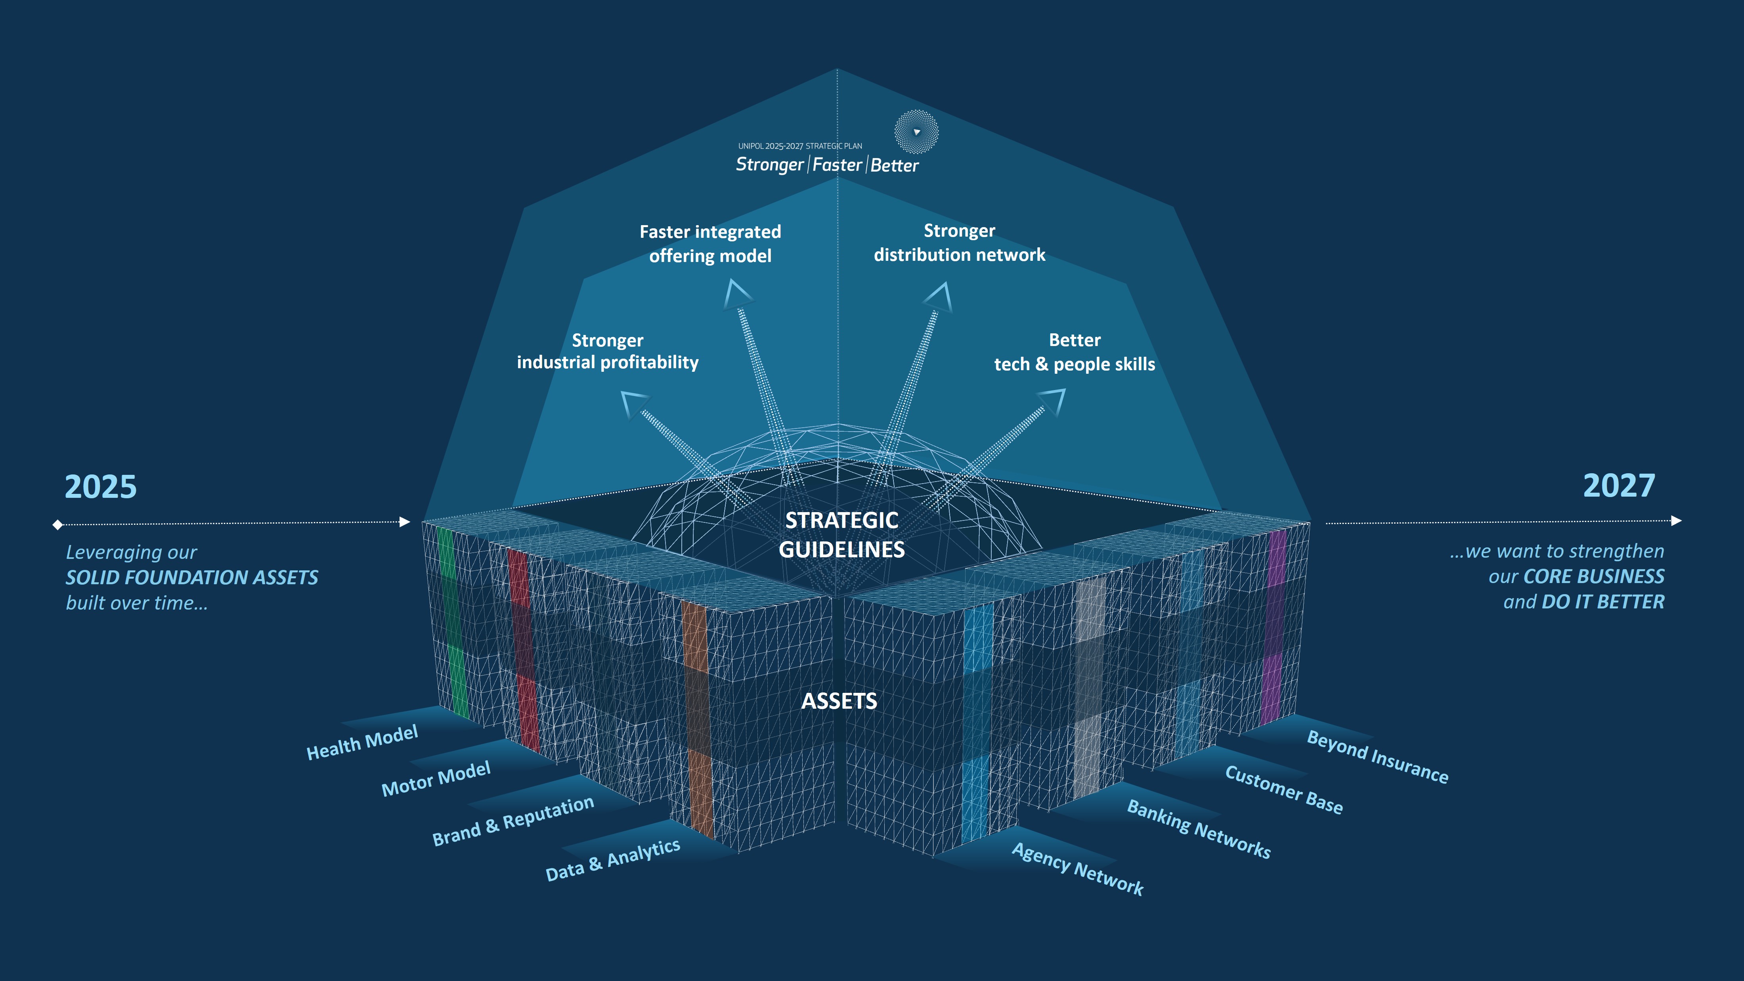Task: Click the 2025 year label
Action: click(100, 487)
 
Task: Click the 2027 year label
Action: click(1619, 486)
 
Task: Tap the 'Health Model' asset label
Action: click(362, 742)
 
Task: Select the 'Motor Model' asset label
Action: click(436, 778)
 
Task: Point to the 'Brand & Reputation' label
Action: click(513, 820)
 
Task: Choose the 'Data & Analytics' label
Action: click(613, 860)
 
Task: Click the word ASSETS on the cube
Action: click(839, 701)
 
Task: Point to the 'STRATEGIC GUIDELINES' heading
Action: click(841, 534)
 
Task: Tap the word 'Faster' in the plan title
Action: click(838, 164)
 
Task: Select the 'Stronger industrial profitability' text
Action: click(607, 351)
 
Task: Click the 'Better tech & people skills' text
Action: click(1075, 352)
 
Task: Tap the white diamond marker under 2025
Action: click(57, 524)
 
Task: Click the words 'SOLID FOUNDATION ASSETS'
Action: click(191, 578)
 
